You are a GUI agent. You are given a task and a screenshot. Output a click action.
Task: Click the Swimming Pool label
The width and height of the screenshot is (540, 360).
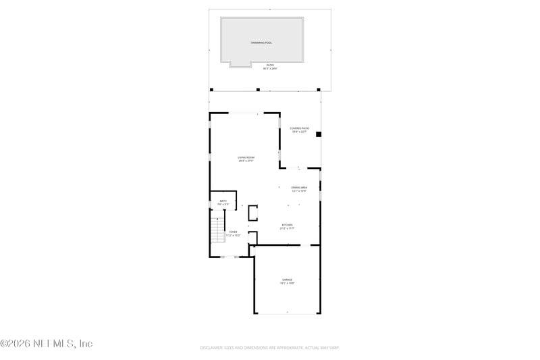(262, 43)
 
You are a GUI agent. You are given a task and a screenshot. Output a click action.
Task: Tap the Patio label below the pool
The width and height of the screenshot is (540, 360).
(270, 65)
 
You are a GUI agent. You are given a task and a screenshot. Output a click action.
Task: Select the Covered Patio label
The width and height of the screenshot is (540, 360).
(299, 128)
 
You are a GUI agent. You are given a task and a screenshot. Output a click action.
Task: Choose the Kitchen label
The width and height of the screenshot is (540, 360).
(287, 225)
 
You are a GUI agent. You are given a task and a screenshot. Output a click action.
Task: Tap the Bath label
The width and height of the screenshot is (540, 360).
(223, 201)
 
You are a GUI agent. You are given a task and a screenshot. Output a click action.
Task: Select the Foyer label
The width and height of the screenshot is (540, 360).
(233, 232)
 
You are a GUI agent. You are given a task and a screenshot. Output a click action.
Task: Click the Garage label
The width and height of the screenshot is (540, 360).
(287, 279)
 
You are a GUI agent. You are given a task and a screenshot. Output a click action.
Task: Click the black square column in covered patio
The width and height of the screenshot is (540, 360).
(319, 134)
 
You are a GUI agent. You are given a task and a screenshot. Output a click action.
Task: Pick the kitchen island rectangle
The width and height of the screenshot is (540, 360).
(254, 213)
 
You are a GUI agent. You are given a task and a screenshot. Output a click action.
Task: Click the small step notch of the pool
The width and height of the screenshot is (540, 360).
(240, 65)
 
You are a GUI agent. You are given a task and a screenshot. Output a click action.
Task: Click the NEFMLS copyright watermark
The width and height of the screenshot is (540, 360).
(46, 344)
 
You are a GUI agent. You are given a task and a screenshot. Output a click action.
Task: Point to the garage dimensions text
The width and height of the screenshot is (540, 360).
(287, 283)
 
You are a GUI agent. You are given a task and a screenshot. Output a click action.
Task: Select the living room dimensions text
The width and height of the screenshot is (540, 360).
(246, 161)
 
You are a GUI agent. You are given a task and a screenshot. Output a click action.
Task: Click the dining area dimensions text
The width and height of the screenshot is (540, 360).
(299, 191)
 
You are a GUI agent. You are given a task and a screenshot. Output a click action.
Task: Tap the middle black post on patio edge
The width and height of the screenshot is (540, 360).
(258, 89)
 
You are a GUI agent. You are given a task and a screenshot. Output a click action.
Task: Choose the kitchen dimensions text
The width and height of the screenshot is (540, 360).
(287, 229)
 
